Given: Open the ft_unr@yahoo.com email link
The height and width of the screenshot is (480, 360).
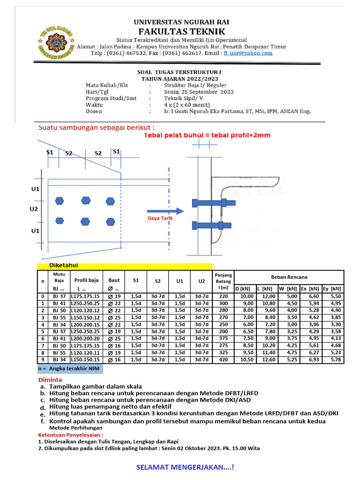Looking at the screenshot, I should tap(247, 53).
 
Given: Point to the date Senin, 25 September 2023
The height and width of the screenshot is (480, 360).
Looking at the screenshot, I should tap(198, 92).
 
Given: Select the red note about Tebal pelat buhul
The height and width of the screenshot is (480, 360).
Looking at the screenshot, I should tap(207, 135).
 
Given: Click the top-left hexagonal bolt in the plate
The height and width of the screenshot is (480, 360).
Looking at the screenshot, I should tap(59, 201).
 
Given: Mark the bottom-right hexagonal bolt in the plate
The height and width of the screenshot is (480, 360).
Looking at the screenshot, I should tap(110, 222).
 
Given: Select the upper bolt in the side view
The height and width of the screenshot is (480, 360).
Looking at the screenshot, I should tap(210, 203).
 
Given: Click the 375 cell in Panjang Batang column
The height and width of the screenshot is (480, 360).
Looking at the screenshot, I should tap(223, 338).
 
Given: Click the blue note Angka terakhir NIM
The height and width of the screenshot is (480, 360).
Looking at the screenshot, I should tap(70, 369).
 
